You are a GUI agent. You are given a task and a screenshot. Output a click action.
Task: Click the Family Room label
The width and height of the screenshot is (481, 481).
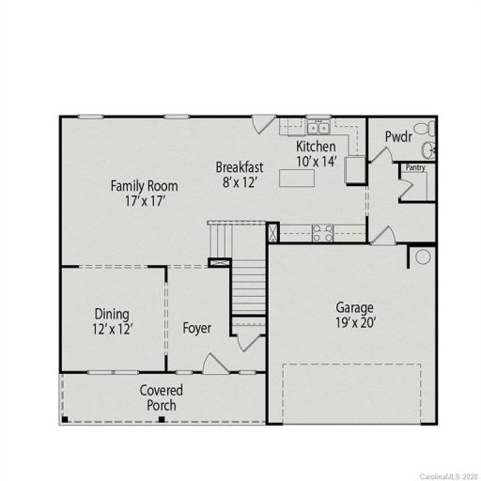[x=144, y=185]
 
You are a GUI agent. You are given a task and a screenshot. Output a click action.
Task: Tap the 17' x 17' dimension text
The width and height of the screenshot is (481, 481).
[x=144, y=200]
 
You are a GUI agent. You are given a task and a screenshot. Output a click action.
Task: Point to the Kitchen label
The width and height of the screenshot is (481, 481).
[x=316, y=147]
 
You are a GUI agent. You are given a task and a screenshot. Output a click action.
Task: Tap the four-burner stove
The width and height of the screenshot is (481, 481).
[x=322, y=230]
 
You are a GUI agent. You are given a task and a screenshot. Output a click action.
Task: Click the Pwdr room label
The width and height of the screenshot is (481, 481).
[x=398, y=137]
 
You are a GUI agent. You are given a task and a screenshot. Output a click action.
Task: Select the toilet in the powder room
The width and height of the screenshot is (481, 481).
[x=425, y=129]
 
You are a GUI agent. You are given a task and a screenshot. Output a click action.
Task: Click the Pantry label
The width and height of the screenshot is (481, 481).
[x=416, y=168]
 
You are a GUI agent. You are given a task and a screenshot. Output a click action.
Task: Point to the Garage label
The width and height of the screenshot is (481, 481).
[x=355, y=307]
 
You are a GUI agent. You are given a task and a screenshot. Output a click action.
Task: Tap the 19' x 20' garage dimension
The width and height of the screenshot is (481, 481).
[x=355, y=323]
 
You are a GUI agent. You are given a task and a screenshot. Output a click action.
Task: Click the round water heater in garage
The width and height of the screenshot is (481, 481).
[x=423, y=256]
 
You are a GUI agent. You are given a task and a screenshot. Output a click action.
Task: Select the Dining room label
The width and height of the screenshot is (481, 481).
[x=112, y=314]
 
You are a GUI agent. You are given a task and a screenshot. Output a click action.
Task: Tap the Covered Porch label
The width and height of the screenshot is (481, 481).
[x=162, y=397]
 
